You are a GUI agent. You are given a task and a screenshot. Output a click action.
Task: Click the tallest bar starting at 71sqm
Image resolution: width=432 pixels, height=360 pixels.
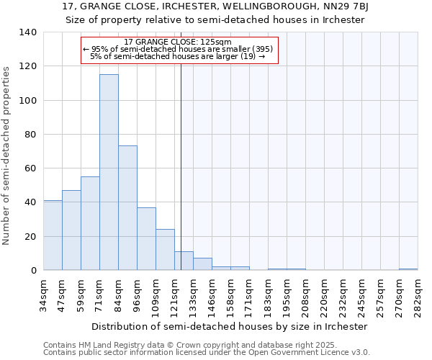pos(109,173)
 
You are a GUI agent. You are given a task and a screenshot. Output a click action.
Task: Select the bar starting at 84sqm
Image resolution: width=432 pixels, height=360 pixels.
pos(127,208)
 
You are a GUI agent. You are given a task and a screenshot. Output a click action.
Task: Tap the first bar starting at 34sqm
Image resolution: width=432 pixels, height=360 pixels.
pos(53,235)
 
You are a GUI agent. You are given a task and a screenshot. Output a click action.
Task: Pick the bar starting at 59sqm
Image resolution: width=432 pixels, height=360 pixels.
pos(90,223)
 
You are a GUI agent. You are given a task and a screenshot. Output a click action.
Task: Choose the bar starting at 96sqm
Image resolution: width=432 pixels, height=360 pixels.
pos(146,239)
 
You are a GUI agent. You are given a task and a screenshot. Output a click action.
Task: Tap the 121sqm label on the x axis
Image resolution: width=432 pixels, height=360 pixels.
pos(174,295)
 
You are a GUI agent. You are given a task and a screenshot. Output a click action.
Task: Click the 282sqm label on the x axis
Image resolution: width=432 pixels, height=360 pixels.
pos(418,295)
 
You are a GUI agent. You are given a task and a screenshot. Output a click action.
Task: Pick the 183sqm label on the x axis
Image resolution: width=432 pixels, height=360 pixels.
pos(268,295)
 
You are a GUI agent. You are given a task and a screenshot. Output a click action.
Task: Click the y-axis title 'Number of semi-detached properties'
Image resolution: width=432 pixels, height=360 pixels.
pos(7,156)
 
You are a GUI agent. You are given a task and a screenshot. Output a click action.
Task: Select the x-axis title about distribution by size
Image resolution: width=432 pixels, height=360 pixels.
pos(230,326)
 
